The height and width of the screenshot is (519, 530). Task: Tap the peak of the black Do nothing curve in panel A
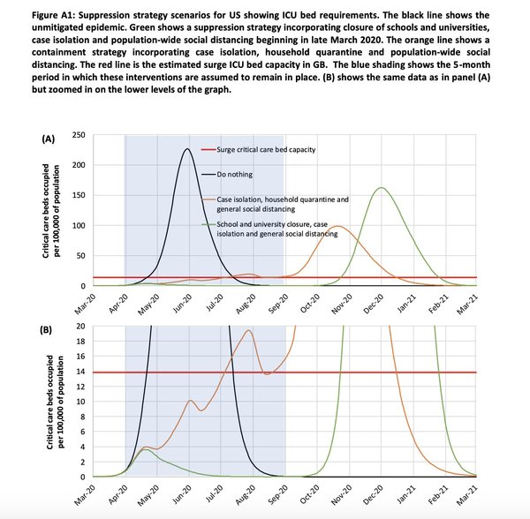186,148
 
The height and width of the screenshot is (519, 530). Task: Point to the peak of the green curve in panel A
381,187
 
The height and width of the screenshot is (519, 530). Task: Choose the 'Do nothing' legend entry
236,176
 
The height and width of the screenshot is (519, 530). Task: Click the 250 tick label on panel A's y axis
79,135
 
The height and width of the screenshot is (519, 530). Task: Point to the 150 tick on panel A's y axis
79,195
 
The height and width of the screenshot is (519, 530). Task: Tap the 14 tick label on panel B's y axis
80,372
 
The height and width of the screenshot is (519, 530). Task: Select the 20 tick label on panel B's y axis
80,327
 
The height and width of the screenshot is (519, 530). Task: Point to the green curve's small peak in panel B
149,449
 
